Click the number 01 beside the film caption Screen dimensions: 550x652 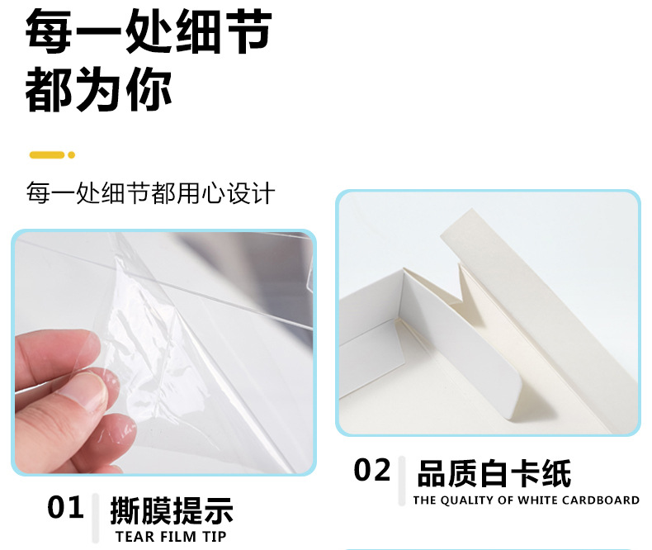pos(65,507)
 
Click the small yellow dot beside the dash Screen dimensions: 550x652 pos(72,154)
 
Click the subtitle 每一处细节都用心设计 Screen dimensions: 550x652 pos(150,195)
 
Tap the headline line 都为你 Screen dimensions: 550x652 pos(99,91)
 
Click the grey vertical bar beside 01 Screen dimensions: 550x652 pos(96,517)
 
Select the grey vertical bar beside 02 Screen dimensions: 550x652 pos(402,481)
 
